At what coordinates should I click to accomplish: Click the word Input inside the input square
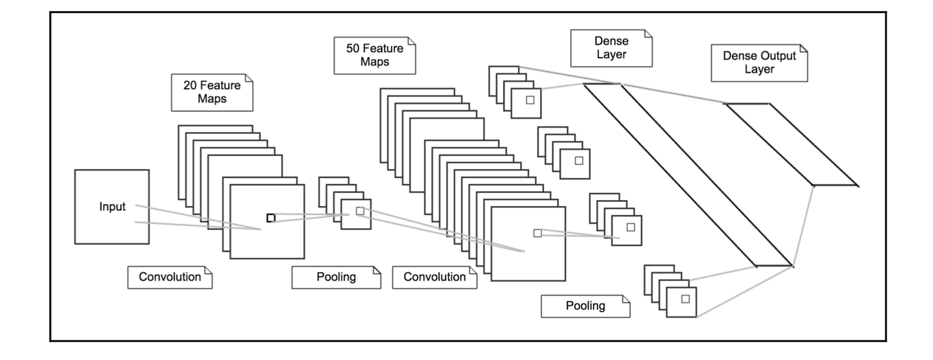coord(113,207)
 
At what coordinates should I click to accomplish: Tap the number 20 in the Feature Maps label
coord(190,87)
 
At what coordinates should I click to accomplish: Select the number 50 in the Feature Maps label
coord(352,49)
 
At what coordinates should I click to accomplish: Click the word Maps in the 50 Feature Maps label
coord(375,62)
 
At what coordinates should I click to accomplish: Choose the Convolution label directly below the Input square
coord(170,278)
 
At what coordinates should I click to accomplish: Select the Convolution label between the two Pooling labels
coord(434,278)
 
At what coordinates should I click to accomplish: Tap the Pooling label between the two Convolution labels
coord(336,278)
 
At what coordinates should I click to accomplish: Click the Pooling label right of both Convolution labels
coord(585,306)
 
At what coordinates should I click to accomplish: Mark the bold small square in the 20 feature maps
coord(271,218)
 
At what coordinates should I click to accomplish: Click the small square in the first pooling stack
coord(359,211)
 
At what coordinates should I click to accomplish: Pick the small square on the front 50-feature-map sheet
coord(537,233)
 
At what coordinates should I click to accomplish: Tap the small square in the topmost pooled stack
coord(530,100)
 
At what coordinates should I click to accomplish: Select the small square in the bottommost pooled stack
coord(685,298)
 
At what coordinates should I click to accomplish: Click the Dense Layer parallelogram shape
coord(687,175)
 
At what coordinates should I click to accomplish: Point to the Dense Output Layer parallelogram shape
coord(790,144)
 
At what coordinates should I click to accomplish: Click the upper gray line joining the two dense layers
coord(673,93)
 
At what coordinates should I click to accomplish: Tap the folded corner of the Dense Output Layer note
coord(803,51)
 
